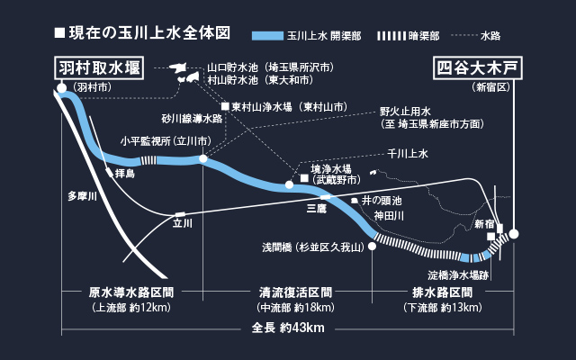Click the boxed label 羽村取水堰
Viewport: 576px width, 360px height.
pos(99,68)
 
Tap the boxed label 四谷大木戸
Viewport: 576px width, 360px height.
pos(478,68)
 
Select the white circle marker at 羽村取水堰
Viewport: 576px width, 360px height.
pos(62,88)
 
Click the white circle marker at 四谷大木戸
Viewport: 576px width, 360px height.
pos(514,234)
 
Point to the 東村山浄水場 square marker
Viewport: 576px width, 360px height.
pos(225,106)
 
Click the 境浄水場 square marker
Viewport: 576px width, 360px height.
pos(304,178)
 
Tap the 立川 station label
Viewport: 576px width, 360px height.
pos(183,223)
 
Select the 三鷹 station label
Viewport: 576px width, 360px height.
pos(317,209)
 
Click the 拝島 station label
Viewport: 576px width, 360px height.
pos(125,174)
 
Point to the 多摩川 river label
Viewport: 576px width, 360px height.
pos(82,196)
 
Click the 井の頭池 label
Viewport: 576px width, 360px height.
pos(382,201)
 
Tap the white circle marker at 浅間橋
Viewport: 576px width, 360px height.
pos(372,246)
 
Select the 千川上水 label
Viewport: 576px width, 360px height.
pos(408,154)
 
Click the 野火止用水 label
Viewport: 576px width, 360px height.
pos(405,112)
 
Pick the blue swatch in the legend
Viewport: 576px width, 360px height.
pos(267,36)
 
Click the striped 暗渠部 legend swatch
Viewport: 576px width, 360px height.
pos(391,36)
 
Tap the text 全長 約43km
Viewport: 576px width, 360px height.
pos(288,328)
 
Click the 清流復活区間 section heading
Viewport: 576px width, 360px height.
pos(295,292)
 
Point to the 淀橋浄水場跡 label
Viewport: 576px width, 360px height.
pos(458,275)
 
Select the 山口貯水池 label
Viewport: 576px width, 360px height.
pos(232,67)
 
